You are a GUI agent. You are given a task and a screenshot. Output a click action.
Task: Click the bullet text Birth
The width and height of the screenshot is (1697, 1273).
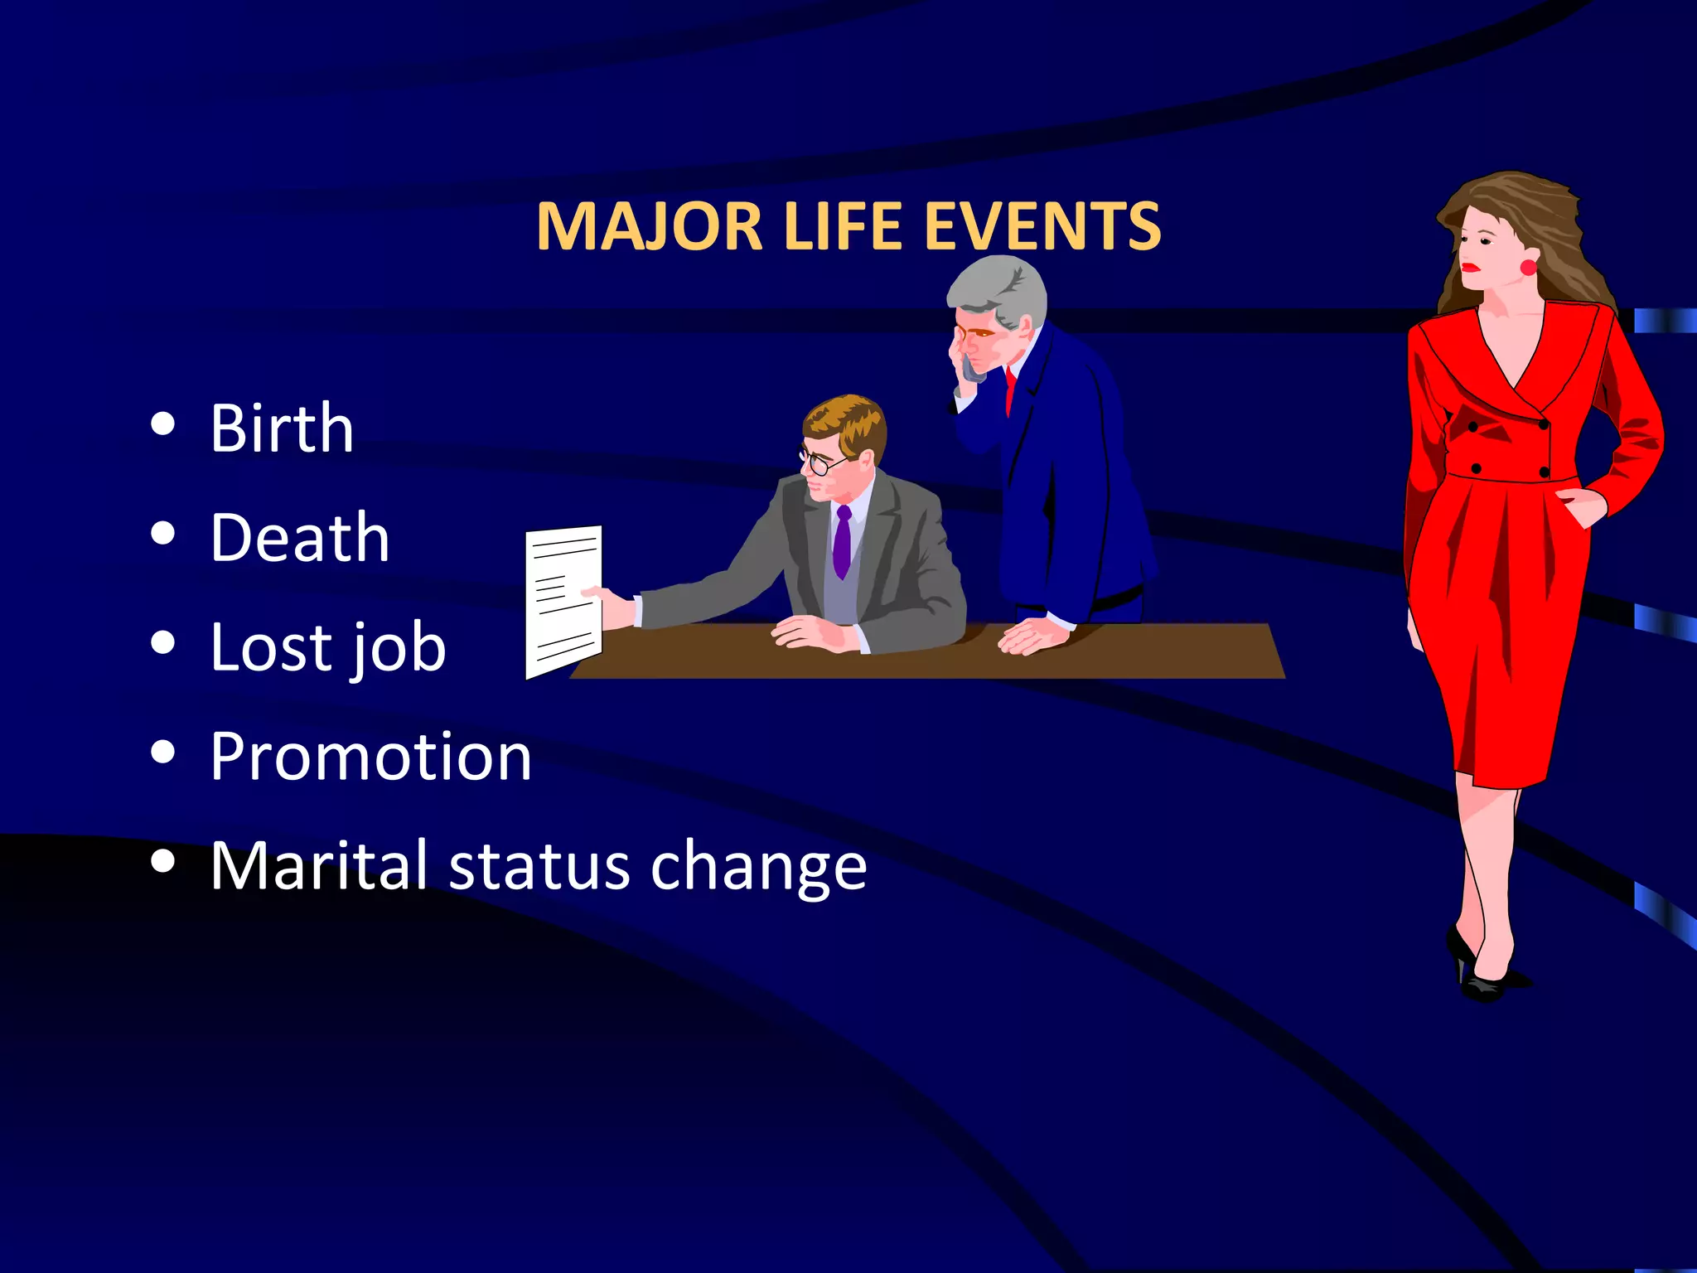282,428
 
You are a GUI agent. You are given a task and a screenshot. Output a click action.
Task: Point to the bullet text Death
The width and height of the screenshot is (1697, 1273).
299,538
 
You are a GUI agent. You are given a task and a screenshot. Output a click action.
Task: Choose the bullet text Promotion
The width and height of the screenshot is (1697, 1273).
370,757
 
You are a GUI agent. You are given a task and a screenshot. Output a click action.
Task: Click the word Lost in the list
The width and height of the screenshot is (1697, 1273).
268,647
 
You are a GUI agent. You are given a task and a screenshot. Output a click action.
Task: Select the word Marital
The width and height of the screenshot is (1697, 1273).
318,866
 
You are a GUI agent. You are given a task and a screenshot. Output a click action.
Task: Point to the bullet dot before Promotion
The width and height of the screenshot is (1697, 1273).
163,753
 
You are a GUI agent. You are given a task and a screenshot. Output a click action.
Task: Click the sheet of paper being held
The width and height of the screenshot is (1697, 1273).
563,601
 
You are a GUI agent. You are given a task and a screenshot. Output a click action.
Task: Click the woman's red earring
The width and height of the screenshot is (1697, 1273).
1527,267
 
